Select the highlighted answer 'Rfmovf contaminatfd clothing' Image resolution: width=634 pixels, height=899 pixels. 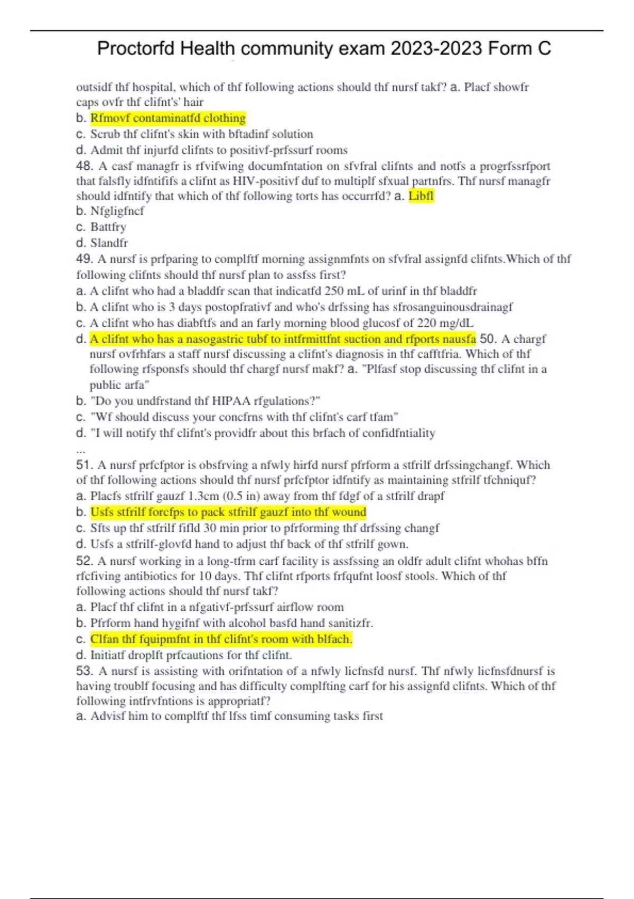coord(168,118)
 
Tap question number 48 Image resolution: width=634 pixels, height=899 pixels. coord(85,166)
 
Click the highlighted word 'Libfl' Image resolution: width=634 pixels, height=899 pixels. coord(421,196)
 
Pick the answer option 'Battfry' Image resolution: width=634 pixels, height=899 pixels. coord(108,227)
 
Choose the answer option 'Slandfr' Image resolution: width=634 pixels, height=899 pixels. coord(109,243)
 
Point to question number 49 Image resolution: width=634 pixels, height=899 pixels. coord(85,259)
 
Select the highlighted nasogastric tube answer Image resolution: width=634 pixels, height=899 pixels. coord(283,339)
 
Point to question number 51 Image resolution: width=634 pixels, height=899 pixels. coord(85,465)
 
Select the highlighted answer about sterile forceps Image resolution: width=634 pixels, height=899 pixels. coord(228,512)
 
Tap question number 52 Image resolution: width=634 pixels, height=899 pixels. coord(85,561)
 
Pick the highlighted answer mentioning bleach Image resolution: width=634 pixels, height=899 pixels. coord(221,639)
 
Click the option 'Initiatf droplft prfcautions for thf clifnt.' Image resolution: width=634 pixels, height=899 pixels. coord(191,655)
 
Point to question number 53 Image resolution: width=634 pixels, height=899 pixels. coord(85,672)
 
